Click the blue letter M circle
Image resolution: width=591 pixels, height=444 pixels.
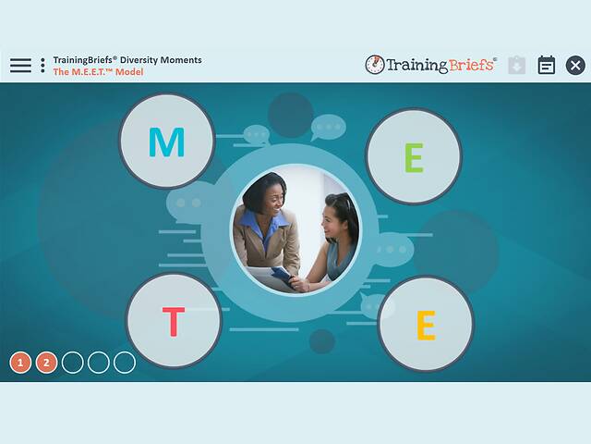pyautogui.click(x=166, y=142)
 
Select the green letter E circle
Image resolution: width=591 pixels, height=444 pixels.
pyautogui.click(x=413, y=156)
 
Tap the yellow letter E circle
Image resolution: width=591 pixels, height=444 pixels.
pyautogui.click(x=426, y=324)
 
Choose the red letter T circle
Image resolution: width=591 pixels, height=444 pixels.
pyautogui.click(x=174, y=321)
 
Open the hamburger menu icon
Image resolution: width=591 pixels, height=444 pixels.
pyautogui.click(x=20, y=65)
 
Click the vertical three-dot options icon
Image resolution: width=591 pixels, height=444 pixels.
pyautogui.click(x=42, y=65)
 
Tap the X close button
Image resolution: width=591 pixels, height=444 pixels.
pyautogui.click(x=575, y=65)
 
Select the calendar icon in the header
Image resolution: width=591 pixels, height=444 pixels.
pyautogui.click(x=547, y=65)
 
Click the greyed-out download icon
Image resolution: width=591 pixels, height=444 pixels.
pyautogui.click(x=517, y=65)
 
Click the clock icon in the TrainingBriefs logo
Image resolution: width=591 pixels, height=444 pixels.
pyautogui.click(x=375, y=65)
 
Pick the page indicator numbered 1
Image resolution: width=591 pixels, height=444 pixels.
pyautogui.click(x=21, y=362)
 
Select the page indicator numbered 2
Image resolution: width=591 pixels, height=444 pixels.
pyautogui.click(x=47, y=362)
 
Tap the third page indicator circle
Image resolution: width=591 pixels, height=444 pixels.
pyautogui.click(x=73, y=362)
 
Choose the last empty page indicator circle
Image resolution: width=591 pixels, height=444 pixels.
pyautogui.click(x=125, y=362)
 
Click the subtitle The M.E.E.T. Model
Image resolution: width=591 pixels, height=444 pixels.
pyautogui.click(x=98, y=72)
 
